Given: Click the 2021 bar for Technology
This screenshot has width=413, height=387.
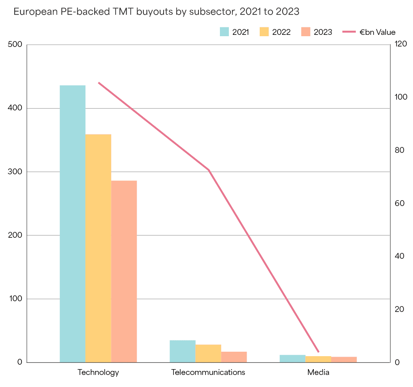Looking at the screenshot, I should coord(72,223).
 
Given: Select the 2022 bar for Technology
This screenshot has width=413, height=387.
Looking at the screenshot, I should coord(98,248).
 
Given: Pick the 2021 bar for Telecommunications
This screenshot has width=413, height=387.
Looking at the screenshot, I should coord(182,351).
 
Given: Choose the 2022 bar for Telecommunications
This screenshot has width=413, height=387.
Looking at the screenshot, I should coord(208,353).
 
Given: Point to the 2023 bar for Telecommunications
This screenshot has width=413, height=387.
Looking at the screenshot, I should coord(234,357).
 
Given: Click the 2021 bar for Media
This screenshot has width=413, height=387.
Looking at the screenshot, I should coord(293,358).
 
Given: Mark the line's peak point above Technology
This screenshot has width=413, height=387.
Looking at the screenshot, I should coord(98,83).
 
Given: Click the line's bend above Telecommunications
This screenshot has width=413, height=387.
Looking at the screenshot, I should coord(209,170).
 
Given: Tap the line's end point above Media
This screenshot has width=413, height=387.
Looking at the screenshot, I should coord(318,352).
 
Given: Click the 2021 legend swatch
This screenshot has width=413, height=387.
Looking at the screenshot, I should coord(224,32).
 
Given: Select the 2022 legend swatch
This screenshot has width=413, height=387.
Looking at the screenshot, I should coord(265,32).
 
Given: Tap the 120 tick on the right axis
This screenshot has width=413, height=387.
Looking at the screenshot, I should coord(399,44).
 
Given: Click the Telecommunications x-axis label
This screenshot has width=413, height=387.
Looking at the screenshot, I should coord(208,372).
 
